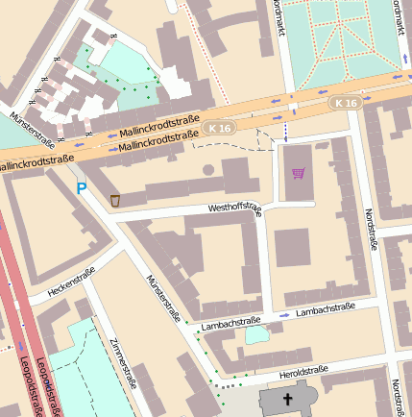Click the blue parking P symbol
coord(82,189)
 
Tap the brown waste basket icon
coord(115,200)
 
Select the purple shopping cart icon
coord(299,173)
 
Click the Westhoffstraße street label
coord(234,208)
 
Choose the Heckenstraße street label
coord(73,282)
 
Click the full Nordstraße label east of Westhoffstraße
coord(371,231)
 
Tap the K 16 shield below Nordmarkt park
coord(346,102)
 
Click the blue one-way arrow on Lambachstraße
coord(285,315)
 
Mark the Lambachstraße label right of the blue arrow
coord(326,309)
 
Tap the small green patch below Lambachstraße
coord(256,335)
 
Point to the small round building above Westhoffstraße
coord(208,170)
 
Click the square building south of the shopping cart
coord(293,247)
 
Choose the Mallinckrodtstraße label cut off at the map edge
coord(36,163)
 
